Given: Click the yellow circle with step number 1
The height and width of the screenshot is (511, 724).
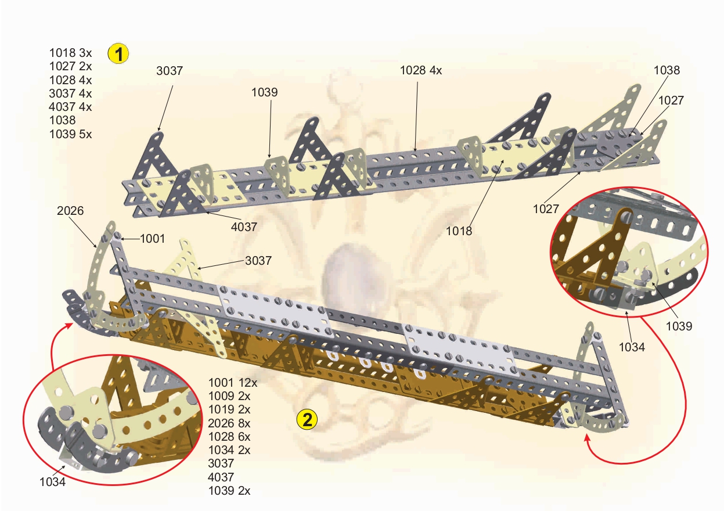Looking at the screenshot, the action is (x=118, y=53).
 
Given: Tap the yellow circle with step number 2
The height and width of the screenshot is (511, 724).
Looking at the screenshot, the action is (x=307, y=420).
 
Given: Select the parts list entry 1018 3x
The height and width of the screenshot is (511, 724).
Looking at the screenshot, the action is (x=70, y=53).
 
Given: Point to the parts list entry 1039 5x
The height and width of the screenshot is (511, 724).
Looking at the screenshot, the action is (x=70, y=134).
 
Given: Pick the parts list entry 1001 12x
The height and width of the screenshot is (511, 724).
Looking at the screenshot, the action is (x=233, y=383).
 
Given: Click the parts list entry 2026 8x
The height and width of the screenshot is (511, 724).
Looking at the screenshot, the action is (x=229, y=423).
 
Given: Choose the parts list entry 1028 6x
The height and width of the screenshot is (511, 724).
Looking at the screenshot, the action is (x=229, y=437).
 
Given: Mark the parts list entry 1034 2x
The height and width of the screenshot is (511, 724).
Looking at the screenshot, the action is (x=229, y=450).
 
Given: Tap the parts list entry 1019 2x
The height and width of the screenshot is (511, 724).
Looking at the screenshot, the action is (x=229, y=409).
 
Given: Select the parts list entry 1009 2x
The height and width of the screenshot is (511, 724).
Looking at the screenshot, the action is (x=229, y=396).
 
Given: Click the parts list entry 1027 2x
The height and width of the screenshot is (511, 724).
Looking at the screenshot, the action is (x=70, y=66).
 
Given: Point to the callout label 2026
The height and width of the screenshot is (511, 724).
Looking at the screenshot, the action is (x=70, y=211).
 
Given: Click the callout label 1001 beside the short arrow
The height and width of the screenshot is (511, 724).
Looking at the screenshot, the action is (x=152, y=239).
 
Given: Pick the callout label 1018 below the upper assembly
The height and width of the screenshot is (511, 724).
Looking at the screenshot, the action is (x=459, y=231).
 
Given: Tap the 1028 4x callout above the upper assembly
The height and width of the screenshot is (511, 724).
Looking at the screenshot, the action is (x=421, y=70).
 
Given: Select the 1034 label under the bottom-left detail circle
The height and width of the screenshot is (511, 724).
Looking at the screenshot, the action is (x=52, y=482).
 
